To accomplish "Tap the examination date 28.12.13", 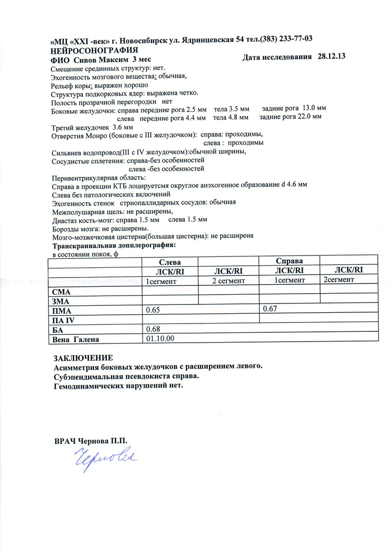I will click(x=332, y=57).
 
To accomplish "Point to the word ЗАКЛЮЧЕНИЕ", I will click(x=83, y=357).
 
